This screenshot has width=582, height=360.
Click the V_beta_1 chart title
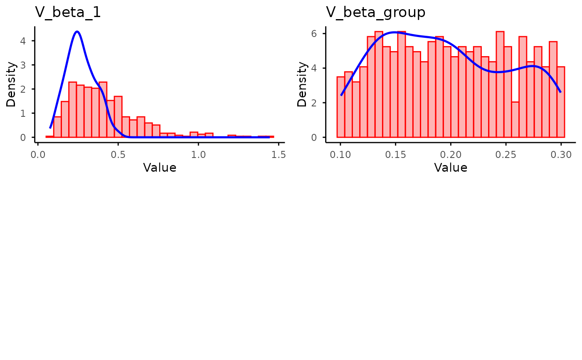68,12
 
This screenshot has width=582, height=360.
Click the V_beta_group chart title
375,12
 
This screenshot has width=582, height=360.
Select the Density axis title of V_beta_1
12,84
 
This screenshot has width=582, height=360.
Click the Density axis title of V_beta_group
303,84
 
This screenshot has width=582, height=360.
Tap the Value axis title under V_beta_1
160,168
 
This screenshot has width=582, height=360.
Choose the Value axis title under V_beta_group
451,168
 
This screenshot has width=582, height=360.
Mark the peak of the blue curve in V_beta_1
77,31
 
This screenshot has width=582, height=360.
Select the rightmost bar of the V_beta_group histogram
560,102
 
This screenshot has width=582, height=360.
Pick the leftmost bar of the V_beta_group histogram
340,107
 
